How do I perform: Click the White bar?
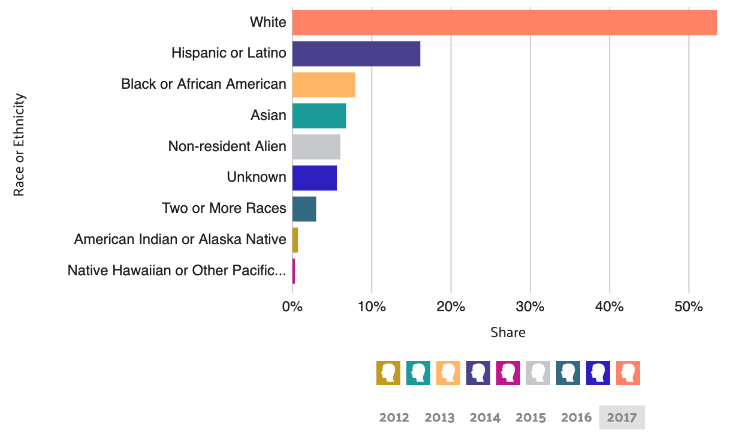505,23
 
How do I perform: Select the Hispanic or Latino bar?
356,54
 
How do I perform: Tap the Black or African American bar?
324,85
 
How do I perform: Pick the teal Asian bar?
319,116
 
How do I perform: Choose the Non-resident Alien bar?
316,147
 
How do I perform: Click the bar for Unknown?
315,178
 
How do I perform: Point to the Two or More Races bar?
304,209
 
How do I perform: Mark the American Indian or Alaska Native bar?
295,240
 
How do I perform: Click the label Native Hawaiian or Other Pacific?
177,270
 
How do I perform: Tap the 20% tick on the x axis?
451,307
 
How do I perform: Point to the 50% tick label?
689,307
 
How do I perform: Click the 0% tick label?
292,307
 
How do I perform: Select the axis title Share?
508,332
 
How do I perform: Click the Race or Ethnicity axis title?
19,145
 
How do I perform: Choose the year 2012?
394,417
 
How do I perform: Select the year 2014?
485,417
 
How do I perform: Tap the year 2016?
576,417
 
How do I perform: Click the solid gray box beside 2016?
622,417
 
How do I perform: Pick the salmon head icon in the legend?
628,373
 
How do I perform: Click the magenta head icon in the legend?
508,373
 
